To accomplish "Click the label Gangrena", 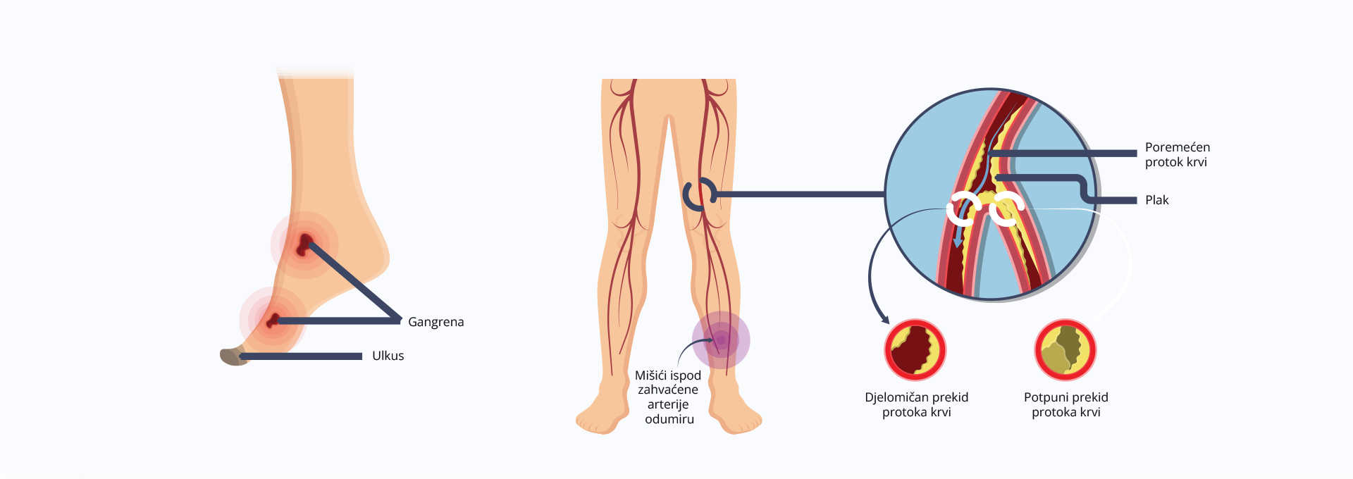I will (435, 322).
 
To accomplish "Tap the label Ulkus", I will (388, 356).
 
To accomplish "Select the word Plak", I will (1156, 200).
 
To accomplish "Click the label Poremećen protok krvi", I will (1177, 154).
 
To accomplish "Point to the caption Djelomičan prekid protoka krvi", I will (916, 404).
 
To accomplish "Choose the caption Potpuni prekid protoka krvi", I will (1065, 404).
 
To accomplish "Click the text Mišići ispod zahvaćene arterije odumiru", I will (668, 397).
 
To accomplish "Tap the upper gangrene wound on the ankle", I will (304, 244).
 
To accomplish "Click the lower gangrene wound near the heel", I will (272, 321).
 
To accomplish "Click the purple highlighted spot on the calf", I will (720, 340).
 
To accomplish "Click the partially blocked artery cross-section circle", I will (915, 350).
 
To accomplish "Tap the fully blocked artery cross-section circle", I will (1065, 350).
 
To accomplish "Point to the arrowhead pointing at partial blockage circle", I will (883, 318).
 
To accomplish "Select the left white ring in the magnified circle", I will (963, 209).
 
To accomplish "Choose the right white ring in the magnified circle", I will (1006, 209).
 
